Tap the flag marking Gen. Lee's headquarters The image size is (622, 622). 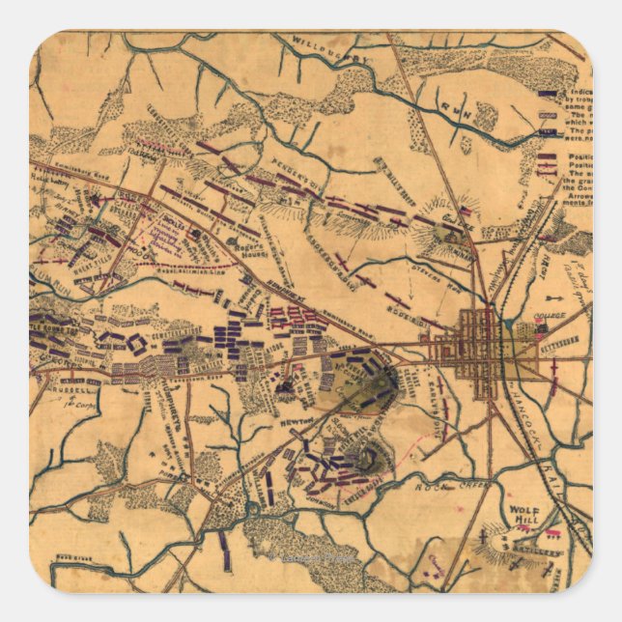coord(467,210)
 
